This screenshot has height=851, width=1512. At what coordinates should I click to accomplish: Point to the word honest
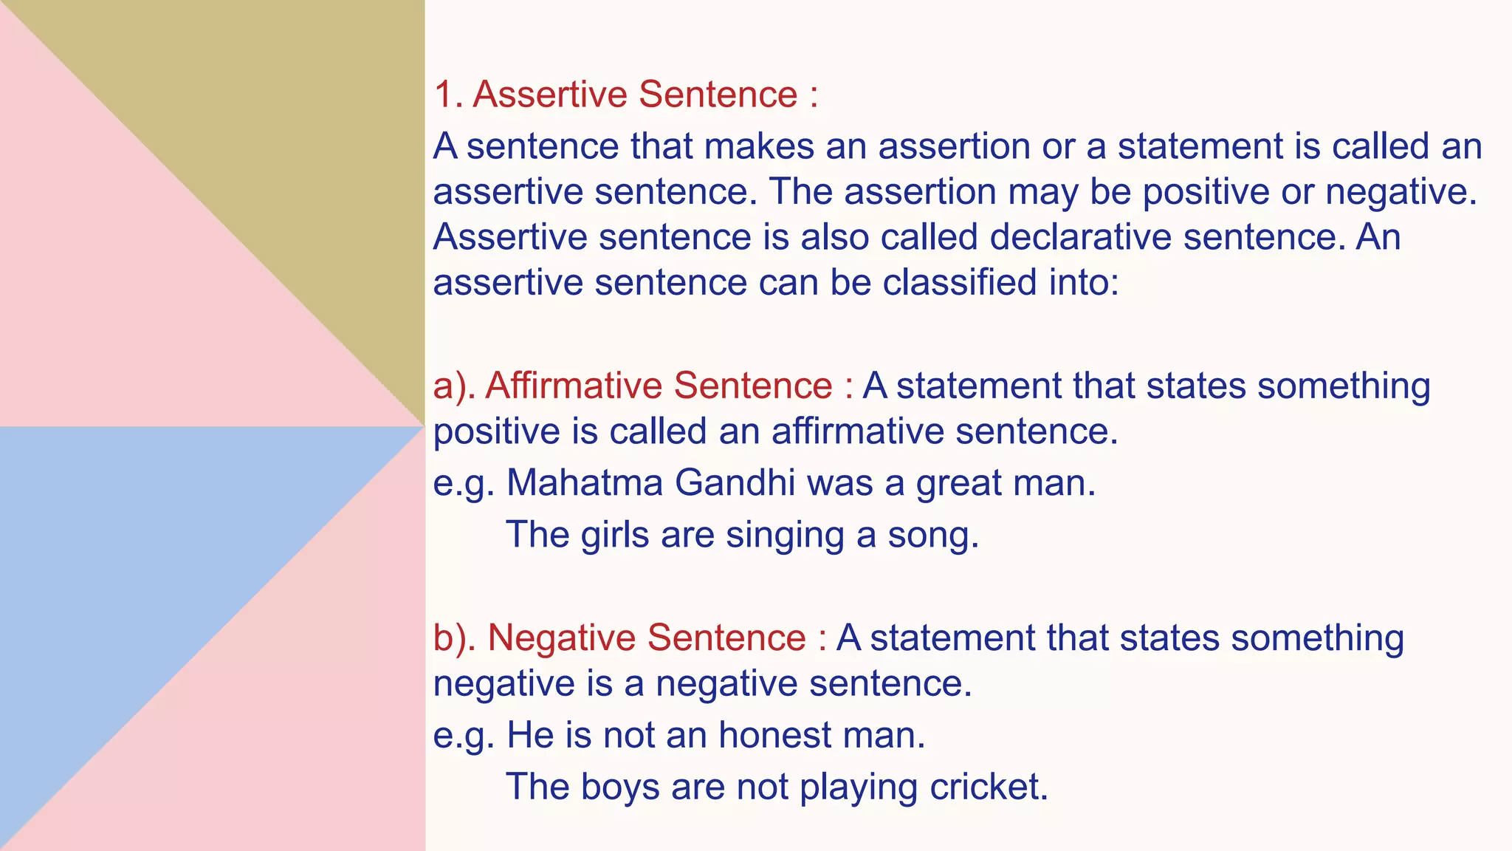[774, 736]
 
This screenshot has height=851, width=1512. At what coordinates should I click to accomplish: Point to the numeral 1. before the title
[447, 95]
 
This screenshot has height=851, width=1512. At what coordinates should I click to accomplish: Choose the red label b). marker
[454, 638]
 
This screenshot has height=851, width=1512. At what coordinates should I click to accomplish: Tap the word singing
[784, 536]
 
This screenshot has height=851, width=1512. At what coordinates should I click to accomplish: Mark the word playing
[859, 787]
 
